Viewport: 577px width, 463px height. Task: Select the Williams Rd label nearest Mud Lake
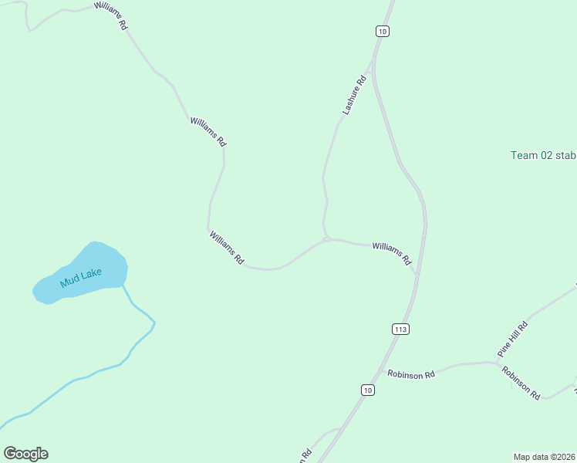coord(227,248)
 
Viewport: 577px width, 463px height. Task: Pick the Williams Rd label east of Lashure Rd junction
coord(391,253)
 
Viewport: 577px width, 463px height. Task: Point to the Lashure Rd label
coord(354,96)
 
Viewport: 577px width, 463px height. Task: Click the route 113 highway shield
coord(400,329)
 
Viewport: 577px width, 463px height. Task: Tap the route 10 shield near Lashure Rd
coord(383,31)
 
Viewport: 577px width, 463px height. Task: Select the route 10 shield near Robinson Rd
coord(367,390)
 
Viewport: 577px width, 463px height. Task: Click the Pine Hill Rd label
coord(512,338)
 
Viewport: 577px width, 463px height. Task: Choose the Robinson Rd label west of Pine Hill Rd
coord(411,374)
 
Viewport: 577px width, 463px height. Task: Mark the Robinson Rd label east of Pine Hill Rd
coord(521,380)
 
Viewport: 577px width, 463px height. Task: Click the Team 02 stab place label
coord(543,155)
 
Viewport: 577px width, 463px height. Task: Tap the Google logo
coord(25,454)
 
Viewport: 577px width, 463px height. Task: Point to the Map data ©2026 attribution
coord(545,456)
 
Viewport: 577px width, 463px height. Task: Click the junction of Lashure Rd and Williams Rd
coord(327,239)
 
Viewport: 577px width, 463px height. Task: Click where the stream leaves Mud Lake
coord(123,285)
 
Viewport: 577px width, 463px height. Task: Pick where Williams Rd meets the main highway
coord(417,272)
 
